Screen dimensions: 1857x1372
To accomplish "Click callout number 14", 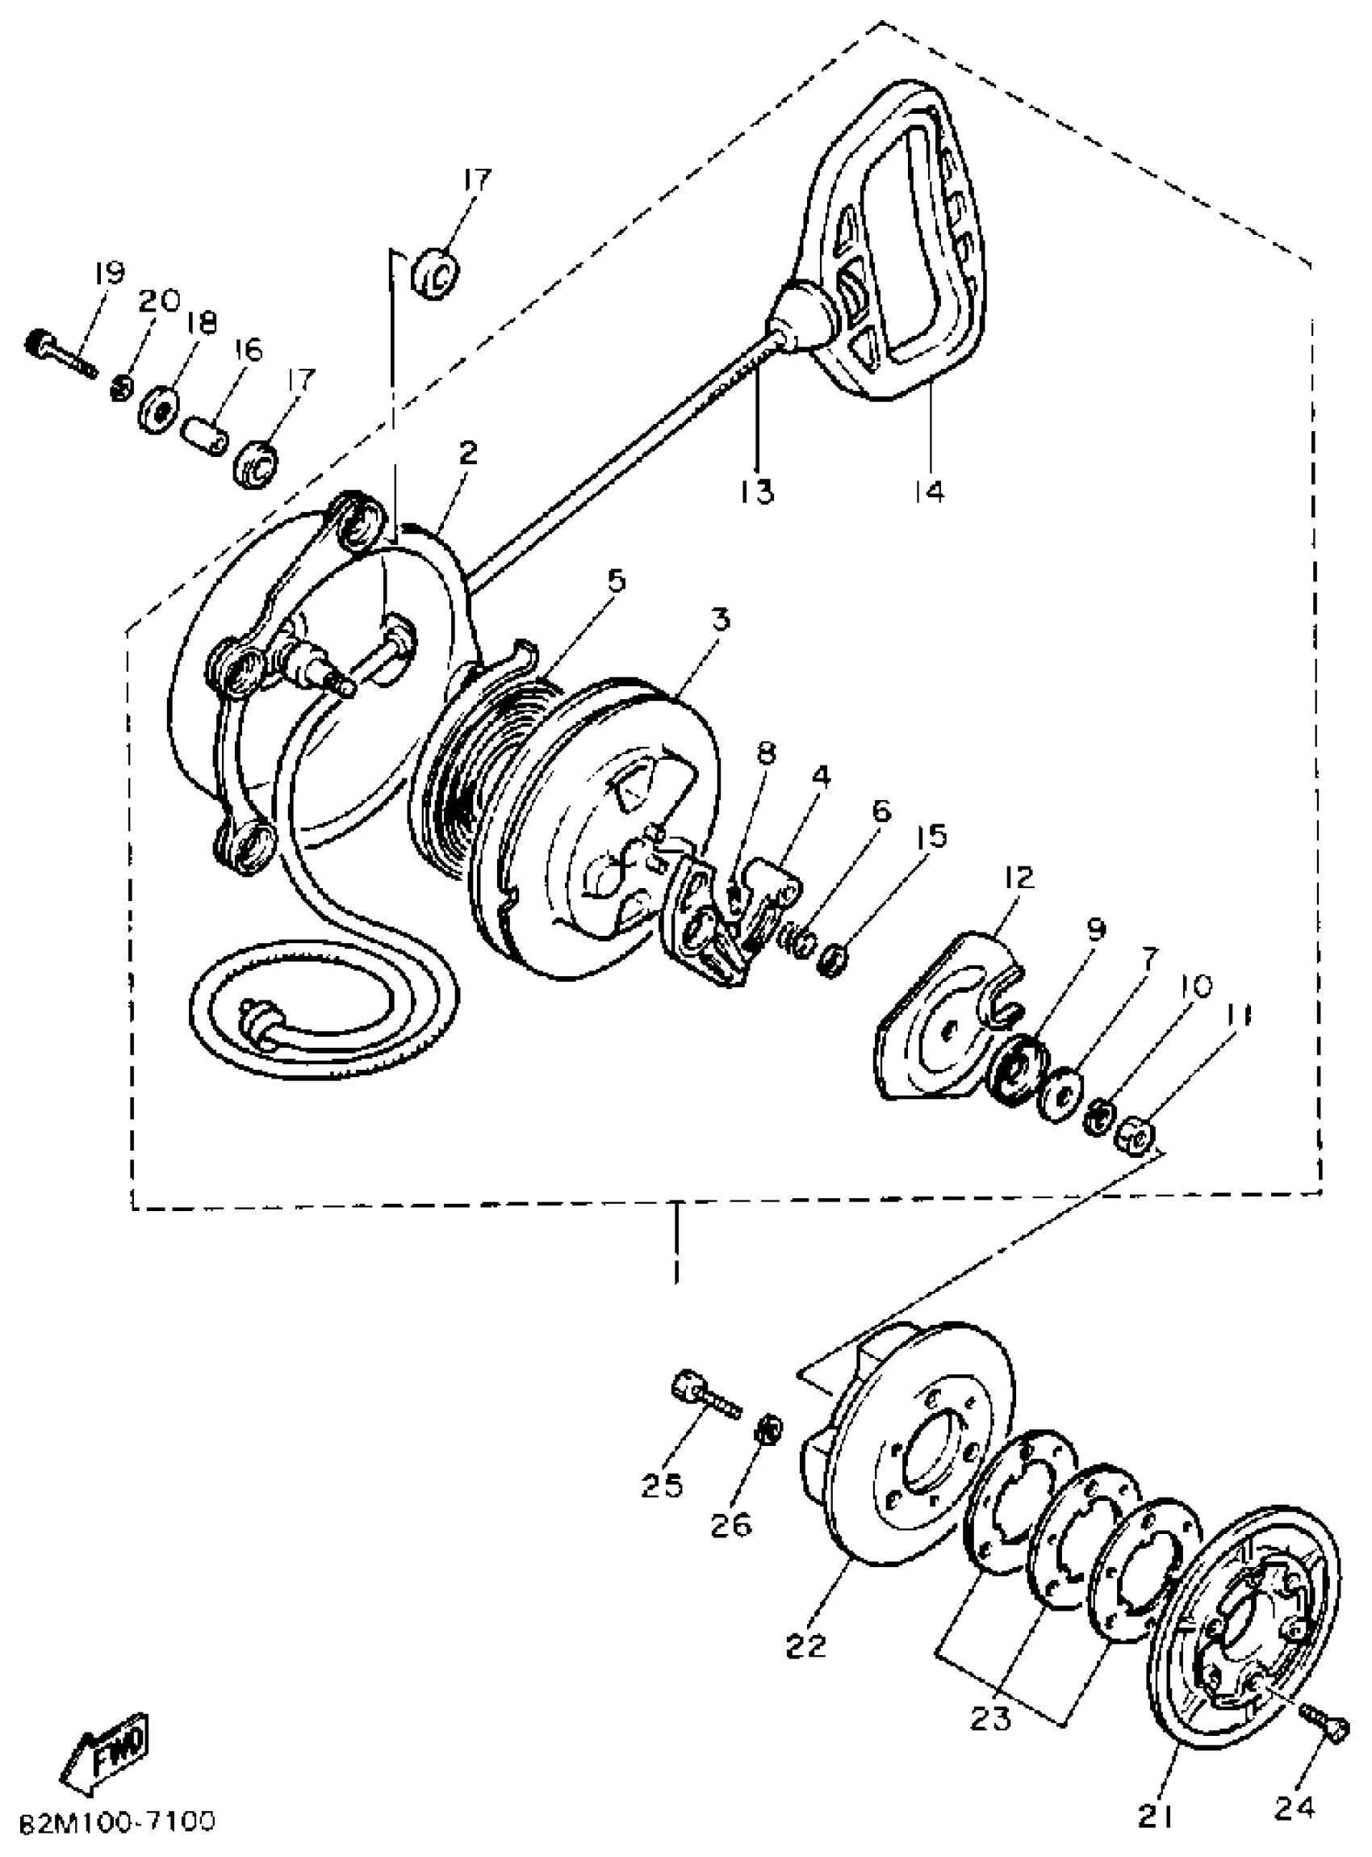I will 931,491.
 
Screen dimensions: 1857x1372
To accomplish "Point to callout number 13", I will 757,491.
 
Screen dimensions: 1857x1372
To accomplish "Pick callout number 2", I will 467,453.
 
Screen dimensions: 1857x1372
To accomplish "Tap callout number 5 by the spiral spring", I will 616,581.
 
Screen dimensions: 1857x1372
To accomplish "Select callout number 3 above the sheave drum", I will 720,619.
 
